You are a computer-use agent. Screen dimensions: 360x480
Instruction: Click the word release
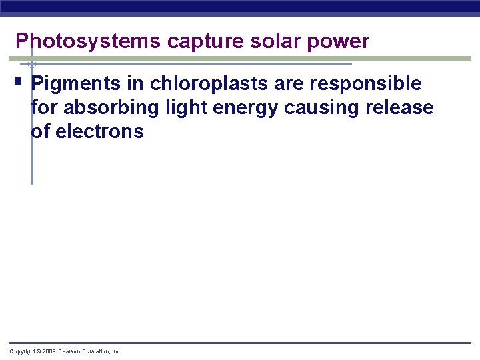tap(404, 107)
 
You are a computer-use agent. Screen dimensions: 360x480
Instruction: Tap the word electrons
tap(99, 131)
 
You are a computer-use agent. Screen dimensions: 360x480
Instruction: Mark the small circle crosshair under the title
tap(31, 65)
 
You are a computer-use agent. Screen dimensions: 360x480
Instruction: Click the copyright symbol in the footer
tap(39, 351)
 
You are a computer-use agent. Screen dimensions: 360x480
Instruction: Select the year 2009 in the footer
tap(49, 351)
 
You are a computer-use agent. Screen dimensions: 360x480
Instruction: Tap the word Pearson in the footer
tap(70, 351)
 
